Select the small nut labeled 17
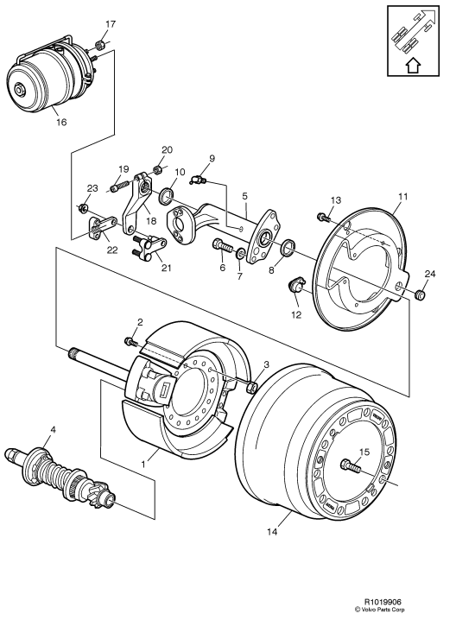(x=99, y=45)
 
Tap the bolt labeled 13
(x=322, y=216)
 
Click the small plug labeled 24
(x=421, y=296)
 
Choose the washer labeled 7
(x=239, y=256)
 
